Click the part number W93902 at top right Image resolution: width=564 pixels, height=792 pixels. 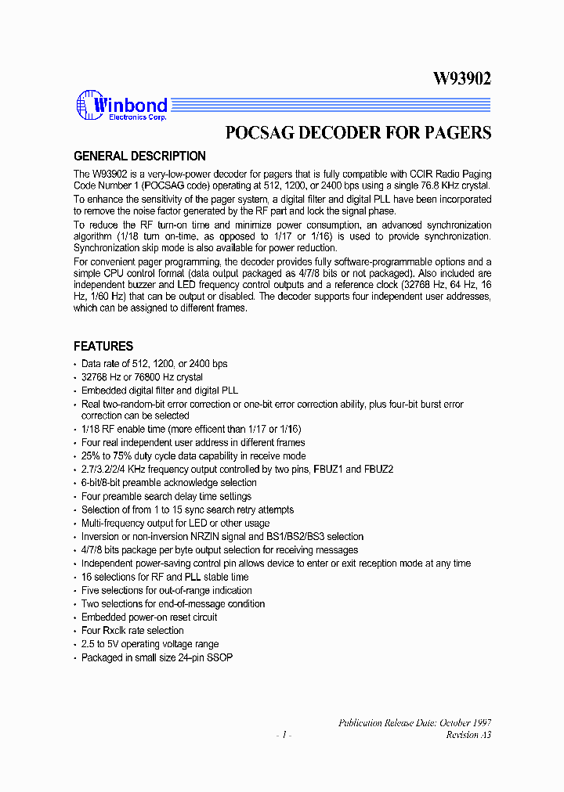tap(462, 78)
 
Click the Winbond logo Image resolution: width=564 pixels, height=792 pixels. tap(121, 105)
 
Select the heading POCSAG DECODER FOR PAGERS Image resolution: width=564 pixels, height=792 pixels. tap(358, 132)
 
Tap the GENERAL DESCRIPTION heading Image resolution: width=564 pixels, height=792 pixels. tap(139, 156)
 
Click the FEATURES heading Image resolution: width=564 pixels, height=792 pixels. tap(103, 346)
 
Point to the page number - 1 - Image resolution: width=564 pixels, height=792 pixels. tap(284, 735)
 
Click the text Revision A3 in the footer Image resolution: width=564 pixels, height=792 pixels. tap(468, 735)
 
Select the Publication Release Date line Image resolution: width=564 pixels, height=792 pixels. tap(414, 722)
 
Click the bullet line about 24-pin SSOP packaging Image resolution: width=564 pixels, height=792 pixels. tap(157, 657)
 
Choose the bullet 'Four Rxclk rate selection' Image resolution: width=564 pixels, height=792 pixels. tap(132, 631)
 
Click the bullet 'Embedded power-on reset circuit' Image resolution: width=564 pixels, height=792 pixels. tap(149, 617)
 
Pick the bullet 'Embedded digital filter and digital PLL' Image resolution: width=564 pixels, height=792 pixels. tap(159, 390)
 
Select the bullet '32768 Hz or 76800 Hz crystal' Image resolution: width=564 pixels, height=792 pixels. tap(142, 376)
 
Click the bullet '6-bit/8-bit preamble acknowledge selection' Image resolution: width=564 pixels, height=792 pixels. tap(168, 483)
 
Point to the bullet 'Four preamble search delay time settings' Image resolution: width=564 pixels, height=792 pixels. tap(166, 496)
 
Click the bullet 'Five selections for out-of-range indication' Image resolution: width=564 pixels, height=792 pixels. tap(166, 590)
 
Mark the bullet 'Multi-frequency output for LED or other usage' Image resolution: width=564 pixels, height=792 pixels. tap(175, 523)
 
